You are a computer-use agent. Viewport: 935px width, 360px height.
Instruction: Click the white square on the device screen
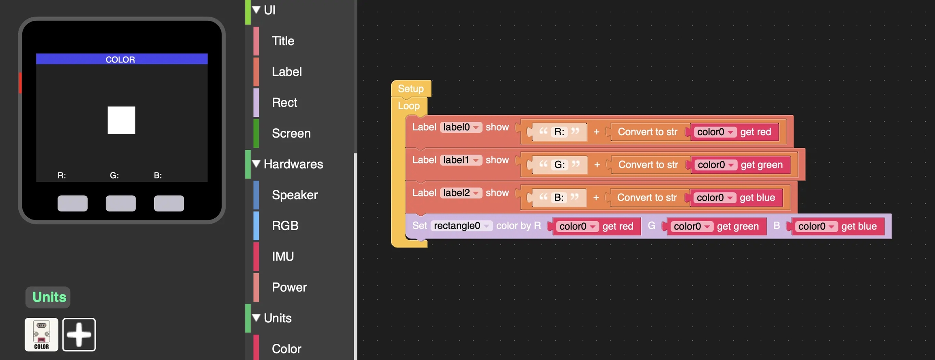pyautogui.click(x=121, y=120)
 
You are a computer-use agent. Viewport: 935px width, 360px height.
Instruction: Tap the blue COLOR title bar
pyautogui.click(x=122, y=59)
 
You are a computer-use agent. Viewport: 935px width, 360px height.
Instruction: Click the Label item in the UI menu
pyautogui.click(x=287, y=72)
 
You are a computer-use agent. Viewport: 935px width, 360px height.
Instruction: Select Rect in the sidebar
pyautogui.click(x=284, y=103)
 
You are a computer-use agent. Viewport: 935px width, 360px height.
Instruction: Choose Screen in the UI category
pyautogui.click(x=291, y=134)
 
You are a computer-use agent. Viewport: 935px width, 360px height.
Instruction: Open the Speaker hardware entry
pyautogui.click(x=294, y=195)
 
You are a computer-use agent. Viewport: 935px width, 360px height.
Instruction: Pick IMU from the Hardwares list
pyautogui.click(x=282, y=257)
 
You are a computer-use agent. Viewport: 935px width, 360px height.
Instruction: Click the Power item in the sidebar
pyautogui.click(x=289, y=287)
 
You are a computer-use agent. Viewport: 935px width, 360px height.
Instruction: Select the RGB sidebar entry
pyautogui.click(x=285, y=226)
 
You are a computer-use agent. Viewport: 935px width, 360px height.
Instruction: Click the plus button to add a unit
pyautogui.click(x=79, y=334)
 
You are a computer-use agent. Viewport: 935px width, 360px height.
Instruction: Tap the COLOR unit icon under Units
pyautogui.click(x=41, y=334)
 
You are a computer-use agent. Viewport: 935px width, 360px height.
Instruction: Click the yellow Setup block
pyautogui.click(x=411, y=88)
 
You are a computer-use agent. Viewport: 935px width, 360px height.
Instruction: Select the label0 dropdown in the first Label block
pyautogui.click(x=461, y=127)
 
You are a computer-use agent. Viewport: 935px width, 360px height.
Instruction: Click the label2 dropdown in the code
pyautogui.click(x=461, y=193)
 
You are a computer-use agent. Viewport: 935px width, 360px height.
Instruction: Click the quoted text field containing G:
pyautogui.click(x=559, y=165)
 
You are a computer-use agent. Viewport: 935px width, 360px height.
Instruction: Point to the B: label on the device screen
pyautogui.click(x=158, y=175)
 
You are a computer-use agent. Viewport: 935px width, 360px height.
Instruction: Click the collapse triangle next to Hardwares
pyautogui.click(x=256, y=164)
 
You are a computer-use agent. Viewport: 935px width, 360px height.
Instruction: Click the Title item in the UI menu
pyautogui.click(x=283, y=41)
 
